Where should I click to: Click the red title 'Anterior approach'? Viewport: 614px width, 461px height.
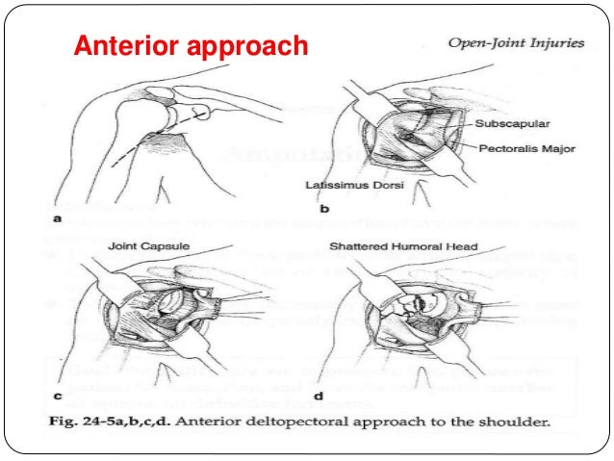coord(192,46)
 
